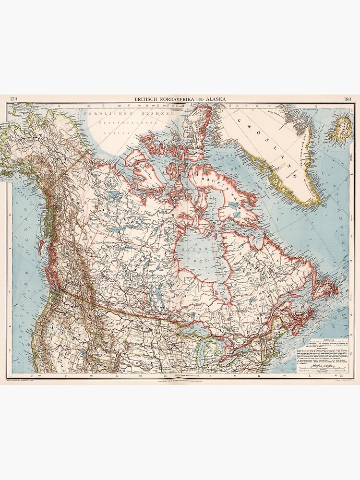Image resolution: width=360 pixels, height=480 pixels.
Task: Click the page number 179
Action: [13, 99]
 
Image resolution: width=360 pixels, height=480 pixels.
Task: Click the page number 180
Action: [348, 99]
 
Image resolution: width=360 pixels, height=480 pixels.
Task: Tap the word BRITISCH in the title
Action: [150, 99]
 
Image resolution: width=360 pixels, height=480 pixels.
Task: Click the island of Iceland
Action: [343, 126]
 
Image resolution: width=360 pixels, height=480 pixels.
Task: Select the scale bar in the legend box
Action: [331, 366]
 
